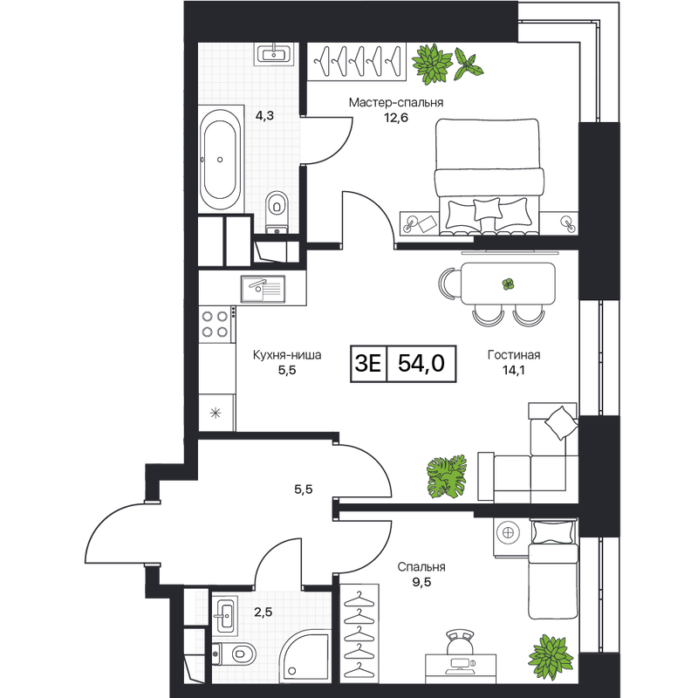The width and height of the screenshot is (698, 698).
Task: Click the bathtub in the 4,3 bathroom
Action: tap(221, 159)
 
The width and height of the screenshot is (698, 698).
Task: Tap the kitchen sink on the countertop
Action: tap(263, 289)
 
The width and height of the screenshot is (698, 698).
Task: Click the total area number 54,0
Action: tap(421, 363)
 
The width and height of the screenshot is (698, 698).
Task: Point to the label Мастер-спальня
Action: tap(396, 102)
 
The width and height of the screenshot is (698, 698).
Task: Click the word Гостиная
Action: tap(514, 355)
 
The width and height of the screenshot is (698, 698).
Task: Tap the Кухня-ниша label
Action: tap(287, 355)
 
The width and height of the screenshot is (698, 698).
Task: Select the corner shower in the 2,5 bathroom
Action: tap(305, 656)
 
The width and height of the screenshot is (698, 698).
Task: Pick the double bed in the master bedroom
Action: tap(489, 176)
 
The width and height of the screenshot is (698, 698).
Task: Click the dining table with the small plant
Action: tap(508, 284)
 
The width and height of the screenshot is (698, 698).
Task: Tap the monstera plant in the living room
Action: tap(447, 476)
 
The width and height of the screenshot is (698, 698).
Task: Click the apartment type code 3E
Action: tap(368, 363)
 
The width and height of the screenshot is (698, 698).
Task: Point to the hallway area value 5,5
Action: tap(303, 489)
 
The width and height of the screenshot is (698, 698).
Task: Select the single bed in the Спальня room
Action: tap(553, 569)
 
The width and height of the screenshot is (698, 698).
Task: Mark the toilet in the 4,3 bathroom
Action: tap(277, 211)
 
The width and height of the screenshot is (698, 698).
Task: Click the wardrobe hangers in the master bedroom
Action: tap(357, 61)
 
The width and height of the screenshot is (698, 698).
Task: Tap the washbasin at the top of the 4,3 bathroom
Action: tap(274, 54)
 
